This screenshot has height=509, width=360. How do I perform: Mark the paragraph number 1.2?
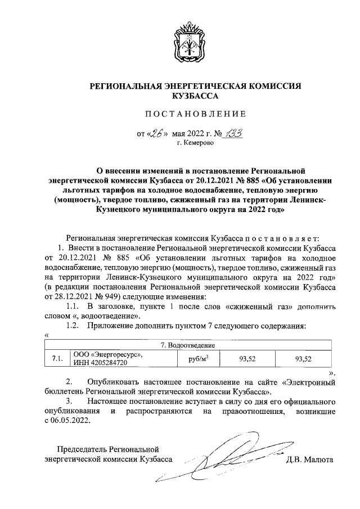click(73, 326)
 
